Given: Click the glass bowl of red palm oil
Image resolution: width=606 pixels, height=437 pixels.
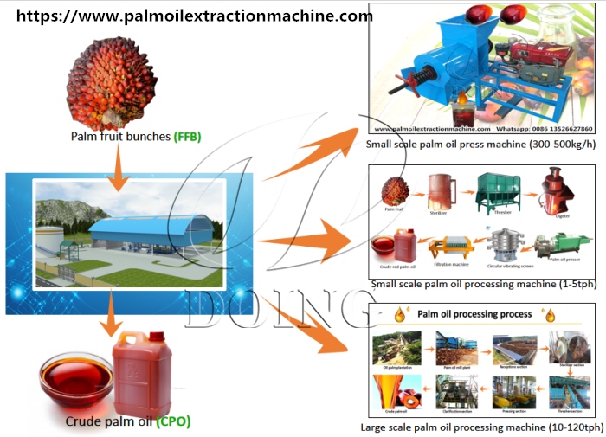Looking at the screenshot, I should [x=77, y=379].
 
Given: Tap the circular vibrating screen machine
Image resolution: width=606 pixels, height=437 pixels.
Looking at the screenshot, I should [x=505, y=246].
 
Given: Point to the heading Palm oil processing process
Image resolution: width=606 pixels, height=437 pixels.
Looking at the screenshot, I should [x=475, y=314].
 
